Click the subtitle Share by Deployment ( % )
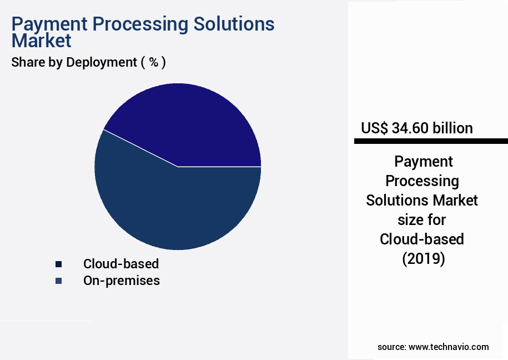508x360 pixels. click(88, 62)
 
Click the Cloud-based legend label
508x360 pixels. click(121, 264)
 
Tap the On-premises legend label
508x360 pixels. click(122, 281)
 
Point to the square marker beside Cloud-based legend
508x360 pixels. click(58, 264)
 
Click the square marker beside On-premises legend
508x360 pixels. click(58, 281)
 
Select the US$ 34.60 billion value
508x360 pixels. click(417, 128)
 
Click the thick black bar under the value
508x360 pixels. click(431, 142)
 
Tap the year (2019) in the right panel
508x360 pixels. click(422, 259)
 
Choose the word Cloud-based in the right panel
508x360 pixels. click(422, 239)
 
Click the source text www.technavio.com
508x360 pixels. click(449, 347)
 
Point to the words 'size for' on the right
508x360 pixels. click(422, 220)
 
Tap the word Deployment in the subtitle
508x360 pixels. click(102, 62)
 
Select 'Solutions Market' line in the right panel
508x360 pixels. click(422, 200)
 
